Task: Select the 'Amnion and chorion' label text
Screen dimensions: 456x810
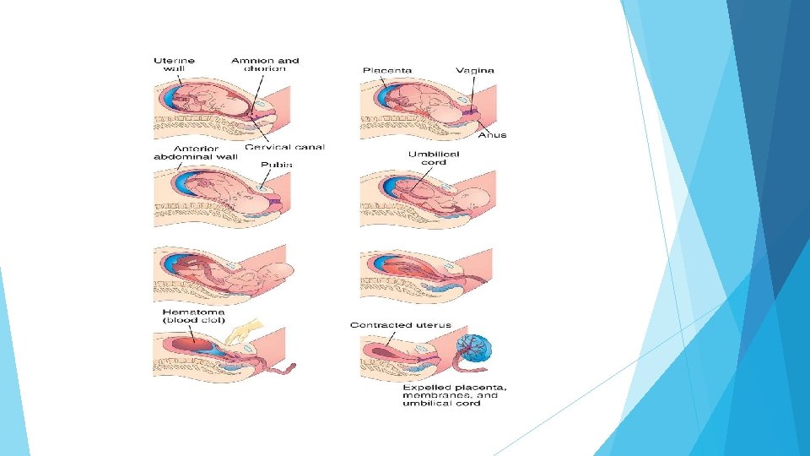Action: (266, 64)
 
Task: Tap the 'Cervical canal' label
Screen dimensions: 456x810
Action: (284, 147)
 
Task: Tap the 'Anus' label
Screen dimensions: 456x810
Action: (493, 135)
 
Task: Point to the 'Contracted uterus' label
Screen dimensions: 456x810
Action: (401, 325)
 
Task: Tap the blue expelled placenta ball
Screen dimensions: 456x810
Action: (475, 348)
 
